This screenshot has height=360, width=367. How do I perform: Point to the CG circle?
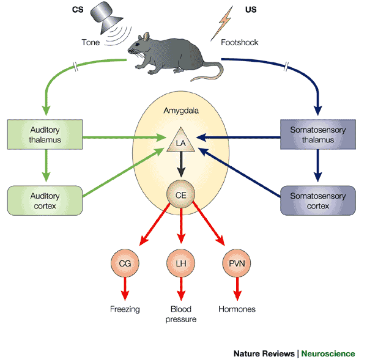125,263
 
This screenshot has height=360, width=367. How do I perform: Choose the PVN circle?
235,263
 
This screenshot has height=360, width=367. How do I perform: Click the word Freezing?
125,309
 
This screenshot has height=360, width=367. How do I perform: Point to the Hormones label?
237,309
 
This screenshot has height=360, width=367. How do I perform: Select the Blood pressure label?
181,314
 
